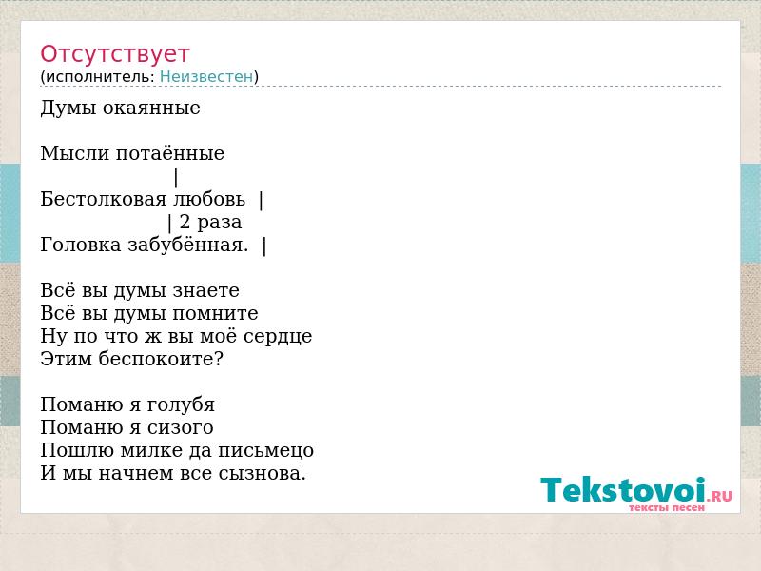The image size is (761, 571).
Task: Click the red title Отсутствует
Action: [114, 54]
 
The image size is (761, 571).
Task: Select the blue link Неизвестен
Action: [206, 77]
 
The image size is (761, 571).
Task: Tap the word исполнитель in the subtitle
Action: [100, 77]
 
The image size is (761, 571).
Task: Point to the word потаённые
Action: [170, 153]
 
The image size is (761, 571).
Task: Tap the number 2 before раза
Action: [185, 222]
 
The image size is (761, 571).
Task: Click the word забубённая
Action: [187, 245]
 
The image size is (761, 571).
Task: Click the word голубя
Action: [181, 405]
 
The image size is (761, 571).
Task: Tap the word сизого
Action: [180, 427]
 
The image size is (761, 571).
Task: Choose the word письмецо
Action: [265, 450]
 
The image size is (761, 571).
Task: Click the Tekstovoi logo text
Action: [623, 489]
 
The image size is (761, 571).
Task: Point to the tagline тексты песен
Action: [667, 508]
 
